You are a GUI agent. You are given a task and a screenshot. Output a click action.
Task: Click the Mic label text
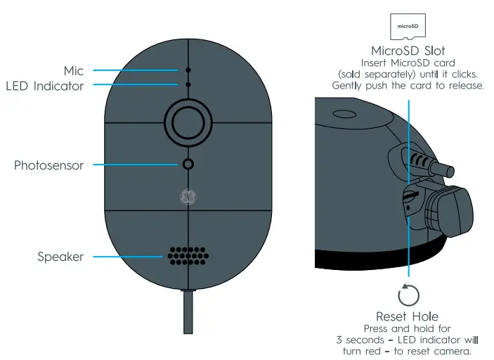point(73,70)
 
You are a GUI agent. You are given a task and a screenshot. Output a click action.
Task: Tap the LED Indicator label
point(45,86)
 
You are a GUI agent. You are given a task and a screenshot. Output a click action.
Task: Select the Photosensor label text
point(48,166)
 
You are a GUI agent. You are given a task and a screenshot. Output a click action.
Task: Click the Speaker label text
point(60,257)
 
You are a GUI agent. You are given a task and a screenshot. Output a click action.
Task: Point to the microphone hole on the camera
point(188,71)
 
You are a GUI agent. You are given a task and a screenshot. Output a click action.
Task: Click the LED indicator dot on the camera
point(188,84)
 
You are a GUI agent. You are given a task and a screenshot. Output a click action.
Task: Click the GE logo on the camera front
point(188,197)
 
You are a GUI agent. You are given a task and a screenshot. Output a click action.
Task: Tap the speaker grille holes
point(187,256)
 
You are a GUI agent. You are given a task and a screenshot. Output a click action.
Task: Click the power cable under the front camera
point(188,313)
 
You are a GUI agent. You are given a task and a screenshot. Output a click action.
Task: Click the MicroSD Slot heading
point(408,51)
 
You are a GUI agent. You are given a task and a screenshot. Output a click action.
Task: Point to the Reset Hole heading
point(408,316)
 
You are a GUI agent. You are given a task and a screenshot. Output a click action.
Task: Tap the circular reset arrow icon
point(408,294)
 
